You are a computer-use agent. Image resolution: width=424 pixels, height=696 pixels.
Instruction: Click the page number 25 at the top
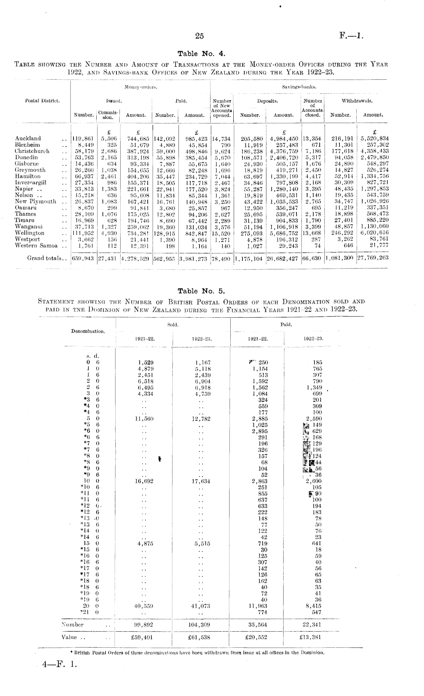pos(199,36)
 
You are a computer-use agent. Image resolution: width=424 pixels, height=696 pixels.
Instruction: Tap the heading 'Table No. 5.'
pos(201,291)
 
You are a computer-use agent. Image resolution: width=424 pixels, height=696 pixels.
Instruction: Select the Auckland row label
pos(28,138)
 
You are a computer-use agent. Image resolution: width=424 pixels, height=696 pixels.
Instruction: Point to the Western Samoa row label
pos(36,246)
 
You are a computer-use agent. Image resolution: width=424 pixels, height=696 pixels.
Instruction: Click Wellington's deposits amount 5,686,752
pos(284,233)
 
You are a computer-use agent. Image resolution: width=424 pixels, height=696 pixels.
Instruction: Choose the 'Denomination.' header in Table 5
pos(88,331)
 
